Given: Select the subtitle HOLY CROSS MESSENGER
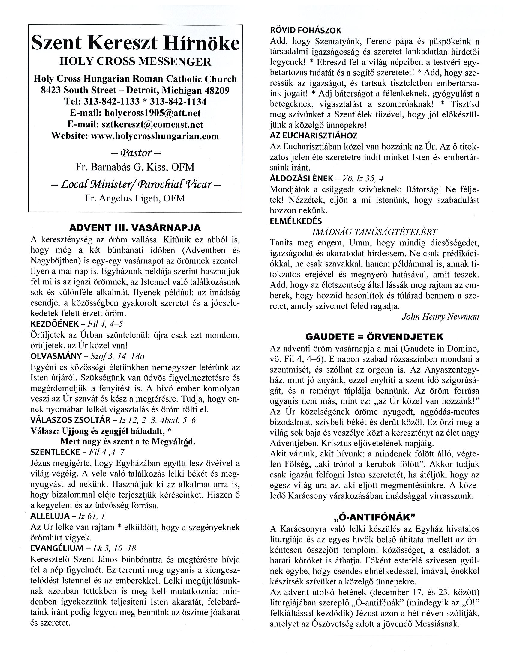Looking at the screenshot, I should pyautogui.click(x=135, y=62).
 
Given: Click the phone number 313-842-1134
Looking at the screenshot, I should pyautogui.click(x=178, y=102).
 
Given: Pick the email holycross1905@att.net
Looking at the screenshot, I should pyautogui.click(x=152, y=113).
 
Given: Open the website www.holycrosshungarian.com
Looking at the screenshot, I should pyautogui.click(x=155, y=136).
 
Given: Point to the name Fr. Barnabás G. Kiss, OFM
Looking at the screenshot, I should pyautogui.click(x=135, y=167).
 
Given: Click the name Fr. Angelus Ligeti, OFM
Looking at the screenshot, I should pyautogui.click(x=135, y=198).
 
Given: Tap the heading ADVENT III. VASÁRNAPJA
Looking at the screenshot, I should pyautogui.click(x=135, y=228).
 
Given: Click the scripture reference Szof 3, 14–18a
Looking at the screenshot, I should pyautogui.click(x=116, y=356).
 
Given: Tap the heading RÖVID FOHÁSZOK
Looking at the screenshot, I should pyautogui.click(x=306, y=30).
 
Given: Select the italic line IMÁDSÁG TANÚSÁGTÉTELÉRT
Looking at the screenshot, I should pyautogui.click(x=374, y=232).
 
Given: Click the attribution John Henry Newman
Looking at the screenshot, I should pyautogui.click(x=440, y=317).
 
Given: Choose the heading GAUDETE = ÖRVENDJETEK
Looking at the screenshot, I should pyautogui.click(x=374, y=336).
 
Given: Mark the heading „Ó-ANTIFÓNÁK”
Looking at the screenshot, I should pyautogui.click(x=374, y=517).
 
